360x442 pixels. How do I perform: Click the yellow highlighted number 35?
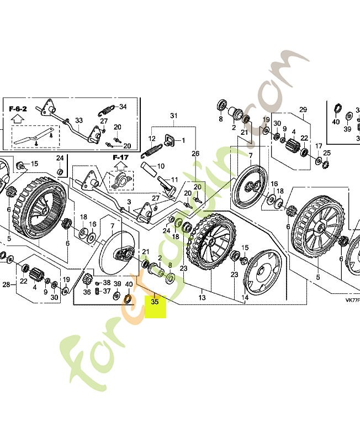[155, 302]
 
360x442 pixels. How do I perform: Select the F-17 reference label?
[120, 157]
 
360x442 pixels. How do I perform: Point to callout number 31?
[174, 115]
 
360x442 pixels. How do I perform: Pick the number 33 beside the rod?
[79, 120]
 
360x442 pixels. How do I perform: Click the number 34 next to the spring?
[123, 107]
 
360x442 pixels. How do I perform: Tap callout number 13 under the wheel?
[202, 298]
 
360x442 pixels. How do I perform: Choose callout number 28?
[6, 285]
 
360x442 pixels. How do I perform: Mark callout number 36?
[87, 293]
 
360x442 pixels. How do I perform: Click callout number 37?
[107, 292]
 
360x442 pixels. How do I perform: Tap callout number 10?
[161, 166]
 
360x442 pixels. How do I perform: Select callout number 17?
[319, 146]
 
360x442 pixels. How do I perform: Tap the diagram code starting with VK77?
[352, 300]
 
